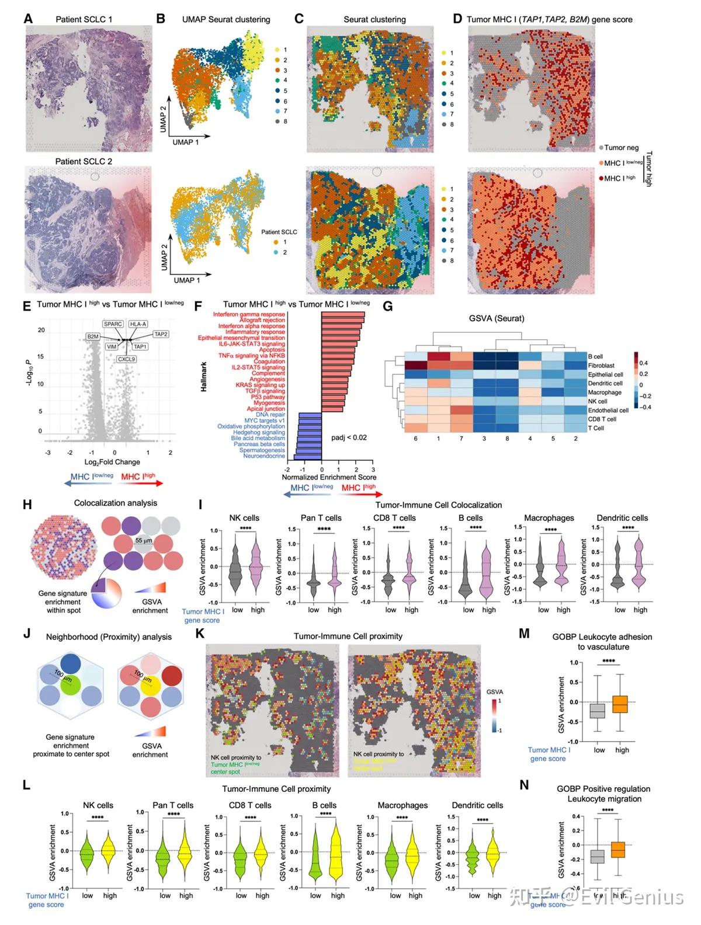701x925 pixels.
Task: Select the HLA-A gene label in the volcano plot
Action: pyautogui.click(x=138, y=324)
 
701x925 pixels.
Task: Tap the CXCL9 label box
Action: pyautogui.click(x=126, y=359)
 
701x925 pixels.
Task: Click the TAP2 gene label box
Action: pyautogui.click(x=161, y=335)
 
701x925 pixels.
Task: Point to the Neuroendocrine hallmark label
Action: pyautogui.click(x=264, y=456)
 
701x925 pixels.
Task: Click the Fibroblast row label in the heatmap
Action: pyautogui.click(x=601, y=366)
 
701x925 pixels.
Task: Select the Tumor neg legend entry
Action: pyautogui.click(x=621, y=148)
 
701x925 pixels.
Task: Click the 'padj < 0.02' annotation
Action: pyautogui.click(x=349, y=437)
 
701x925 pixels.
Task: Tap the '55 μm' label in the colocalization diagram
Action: pyautogui.click(x=144, y=541)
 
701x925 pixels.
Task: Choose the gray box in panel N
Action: pyautogui.click(x=597, y=856)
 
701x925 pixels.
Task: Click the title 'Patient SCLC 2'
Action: pyautogui.click(x=84, y=161)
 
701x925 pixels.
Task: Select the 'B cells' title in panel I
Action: pyautogui.click(x=470, y=518)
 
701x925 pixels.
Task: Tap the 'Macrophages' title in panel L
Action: pyautogui.click(x=402, y=805)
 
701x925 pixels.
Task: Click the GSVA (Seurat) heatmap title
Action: pyautogui.click(x=497, y=318)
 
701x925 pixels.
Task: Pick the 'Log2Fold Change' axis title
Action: pyautogui.click(x=112, y=462)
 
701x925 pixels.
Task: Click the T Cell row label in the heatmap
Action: pyautogui.click(x=596, y=428)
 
